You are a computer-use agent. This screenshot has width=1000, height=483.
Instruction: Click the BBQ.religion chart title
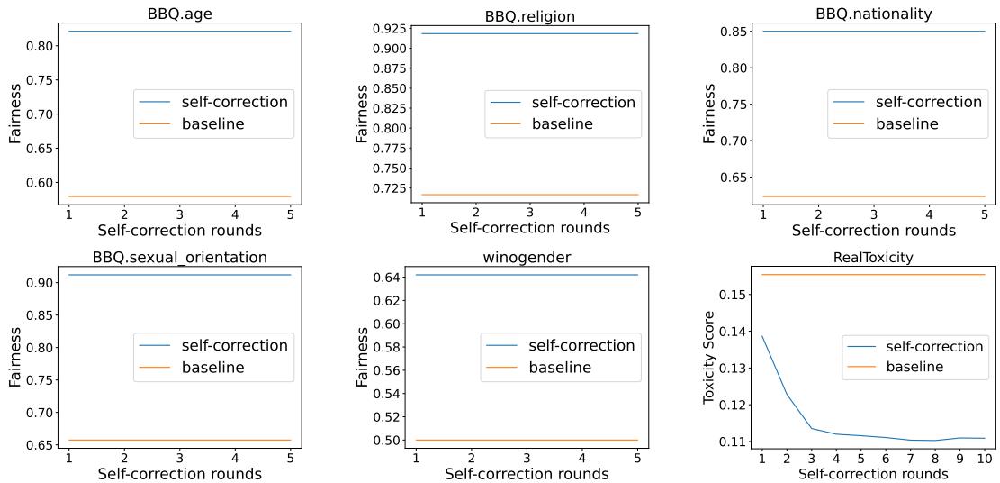[x=529, y=16]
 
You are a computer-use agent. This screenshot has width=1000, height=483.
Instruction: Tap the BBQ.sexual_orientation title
[x=179, y=257]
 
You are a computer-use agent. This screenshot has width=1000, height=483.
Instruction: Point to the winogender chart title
[x=527, y=257]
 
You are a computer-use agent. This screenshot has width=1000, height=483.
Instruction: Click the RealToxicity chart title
[x=873, y=258]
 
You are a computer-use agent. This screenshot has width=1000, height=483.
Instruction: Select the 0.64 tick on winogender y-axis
[x=386, y=278]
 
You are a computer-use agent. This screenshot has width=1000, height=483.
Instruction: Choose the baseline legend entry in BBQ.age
[x=212, y=123]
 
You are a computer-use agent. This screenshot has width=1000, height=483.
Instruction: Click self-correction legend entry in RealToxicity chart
[x=934, y=346]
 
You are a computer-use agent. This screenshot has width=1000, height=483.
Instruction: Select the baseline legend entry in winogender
[x=559, y=367]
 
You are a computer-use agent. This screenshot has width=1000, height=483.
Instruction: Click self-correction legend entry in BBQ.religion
[x=583, y=102]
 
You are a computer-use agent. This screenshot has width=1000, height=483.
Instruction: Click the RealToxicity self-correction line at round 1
[x=761, y=336]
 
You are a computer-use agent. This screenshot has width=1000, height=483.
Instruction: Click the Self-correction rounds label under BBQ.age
[x=179, y=230]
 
